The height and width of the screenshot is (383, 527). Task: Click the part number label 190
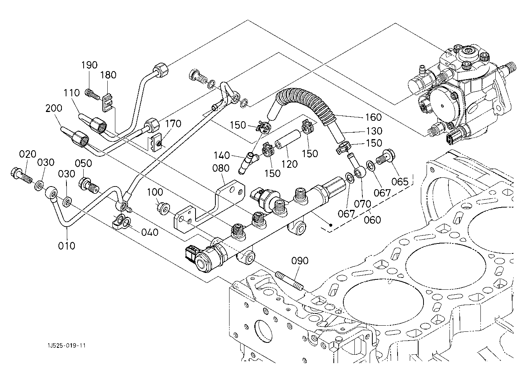pos(89,65)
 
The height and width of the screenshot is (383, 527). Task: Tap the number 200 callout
pos(53,108)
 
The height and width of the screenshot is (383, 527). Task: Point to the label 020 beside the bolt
pos(27,154)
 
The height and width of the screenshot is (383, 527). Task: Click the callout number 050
pos(83,163)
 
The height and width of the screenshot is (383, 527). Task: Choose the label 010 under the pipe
pos(67,245)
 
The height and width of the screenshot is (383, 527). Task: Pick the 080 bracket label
pos(221,168)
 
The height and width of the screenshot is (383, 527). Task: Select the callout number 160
pos(373,117)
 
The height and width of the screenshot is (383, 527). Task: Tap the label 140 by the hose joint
pos(222,155)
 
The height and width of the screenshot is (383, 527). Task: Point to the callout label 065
pos(400,182)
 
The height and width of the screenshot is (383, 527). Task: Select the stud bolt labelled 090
pos(289,281)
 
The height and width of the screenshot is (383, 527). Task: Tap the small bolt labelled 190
pos(90,93)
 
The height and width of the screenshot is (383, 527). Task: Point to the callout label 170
pos(173,123)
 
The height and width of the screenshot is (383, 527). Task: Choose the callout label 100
pos(155,191)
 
